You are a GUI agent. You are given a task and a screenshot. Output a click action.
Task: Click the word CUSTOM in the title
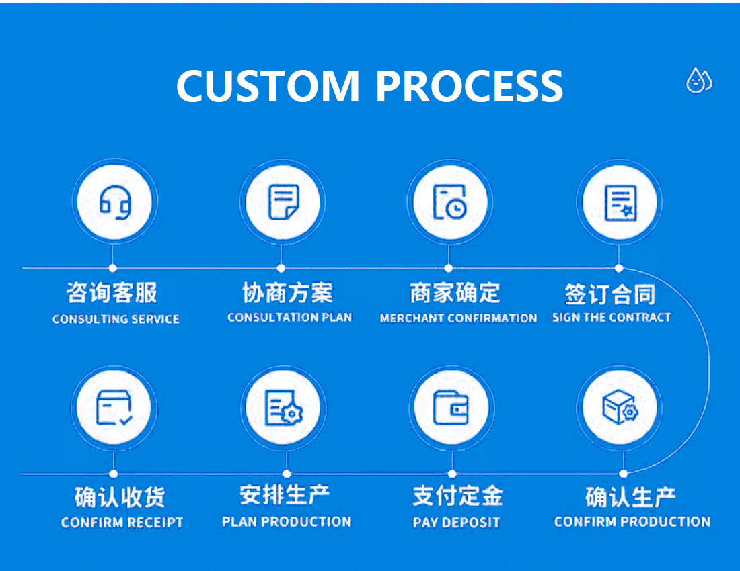point(268,86)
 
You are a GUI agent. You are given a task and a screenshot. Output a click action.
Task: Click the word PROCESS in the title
point(469,86)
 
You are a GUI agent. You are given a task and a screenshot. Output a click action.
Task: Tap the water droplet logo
point(699,80)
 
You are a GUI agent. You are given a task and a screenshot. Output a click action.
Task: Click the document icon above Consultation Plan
point(283,202)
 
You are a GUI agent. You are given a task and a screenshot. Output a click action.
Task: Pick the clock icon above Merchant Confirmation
point(450,202)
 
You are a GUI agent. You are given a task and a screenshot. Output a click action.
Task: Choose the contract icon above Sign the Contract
point(621,203)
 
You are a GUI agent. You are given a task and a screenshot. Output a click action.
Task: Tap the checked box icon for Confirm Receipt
point(114,408)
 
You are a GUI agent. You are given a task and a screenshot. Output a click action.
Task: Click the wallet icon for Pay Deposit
point(451,408)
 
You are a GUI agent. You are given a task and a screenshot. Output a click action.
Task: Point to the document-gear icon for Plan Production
point(284,408)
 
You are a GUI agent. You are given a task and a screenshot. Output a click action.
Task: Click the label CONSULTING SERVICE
point(116,319)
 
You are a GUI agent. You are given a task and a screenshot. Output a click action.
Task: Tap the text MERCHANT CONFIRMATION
point(458,318)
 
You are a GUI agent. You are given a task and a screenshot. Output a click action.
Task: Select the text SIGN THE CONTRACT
point(612,317)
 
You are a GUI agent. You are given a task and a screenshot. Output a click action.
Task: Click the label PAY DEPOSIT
point(456,522)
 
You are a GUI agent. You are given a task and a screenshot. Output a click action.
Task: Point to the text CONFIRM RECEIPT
point(122,522)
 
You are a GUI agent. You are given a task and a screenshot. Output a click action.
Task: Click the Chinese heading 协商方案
point(287,293)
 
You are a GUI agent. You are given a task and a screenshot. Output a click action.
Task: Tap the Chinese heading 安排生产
point(285,495)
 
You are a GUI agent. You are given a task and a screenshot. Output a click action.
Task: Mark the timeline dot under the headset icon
point(112,268)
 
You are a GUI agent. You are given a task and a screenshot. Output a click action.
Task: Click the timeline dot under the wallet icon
point(452,474)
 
